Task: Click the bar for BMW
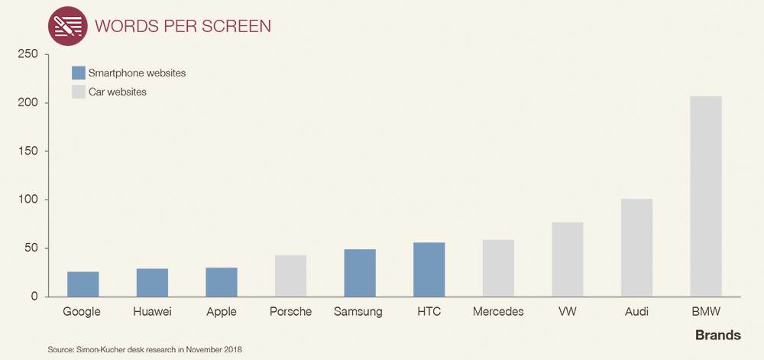[706, 196]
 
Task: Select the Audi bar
[637, 248]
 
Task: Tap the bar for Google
[83, 284]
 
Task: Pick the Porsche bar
[291, 276]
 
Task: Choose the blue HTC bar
[429, 269]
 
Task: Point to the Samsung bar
[360, 273]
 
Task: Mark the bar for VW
[568, 259]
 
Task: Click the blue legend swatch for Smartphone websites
[79, 73]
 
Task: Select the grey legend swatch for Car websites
[79, 92]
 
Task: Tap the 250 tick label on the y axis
[28, 54]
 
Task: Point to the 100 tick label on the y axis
[28, 199]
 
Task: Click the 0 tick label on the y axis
[34, 297]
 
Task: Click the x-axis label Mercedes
[498, 312]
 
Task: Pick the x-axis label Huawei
[153, 312]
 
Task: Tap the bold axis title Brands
[718, 336]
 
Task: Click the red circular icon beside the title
[68, 26]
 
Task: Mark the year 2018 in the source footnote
[235, 350]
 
